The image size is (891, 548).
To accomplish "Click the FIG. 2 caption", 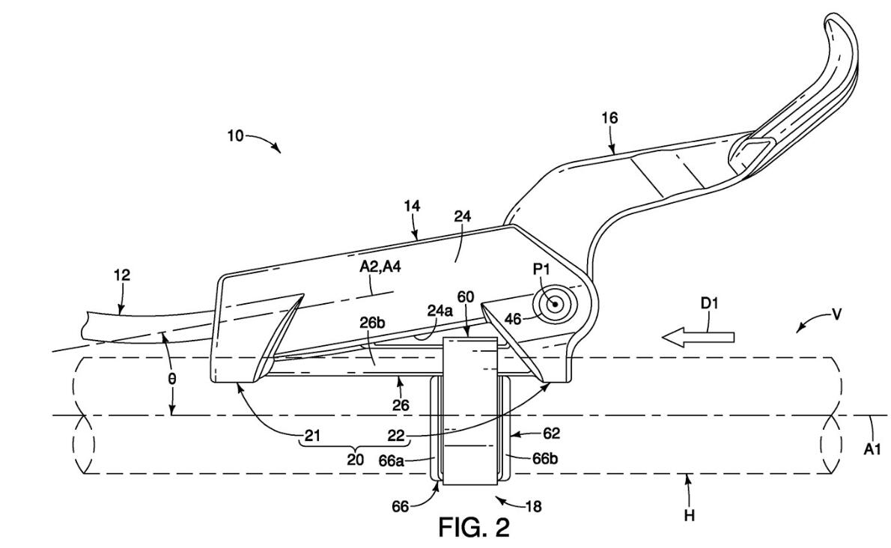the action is point(473,526).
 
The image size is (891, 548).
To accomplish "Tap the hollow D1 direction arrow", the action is point(698,337).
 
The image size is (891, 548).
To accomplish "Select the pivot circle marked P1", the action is point(553,304).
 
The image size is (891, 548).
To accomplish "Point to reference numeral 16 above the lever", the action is point(609,118).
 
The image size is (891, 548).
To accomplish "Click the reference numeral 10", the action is point(235,136).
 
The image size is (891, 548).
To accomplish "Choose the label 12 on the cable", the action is point(121,275).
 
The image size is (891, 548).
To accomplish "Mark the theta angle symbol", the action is point(171,378).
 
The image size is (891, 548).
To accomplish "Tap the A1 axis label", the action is point(872,448).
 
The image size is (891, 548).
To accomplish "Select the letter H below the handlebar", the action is point(690,516).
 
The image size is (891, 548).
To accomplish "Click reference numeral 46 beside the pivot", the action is point(513,319).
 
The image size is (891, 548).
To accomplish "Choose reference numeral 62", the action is point(551,433).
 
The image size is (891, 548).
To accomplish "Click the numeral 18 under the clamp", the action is point(533,506).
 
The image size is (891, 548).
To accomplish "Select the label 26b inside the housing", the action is point(373,323).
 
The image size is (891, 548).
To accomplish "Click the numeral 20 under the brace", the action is point(355,459).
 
